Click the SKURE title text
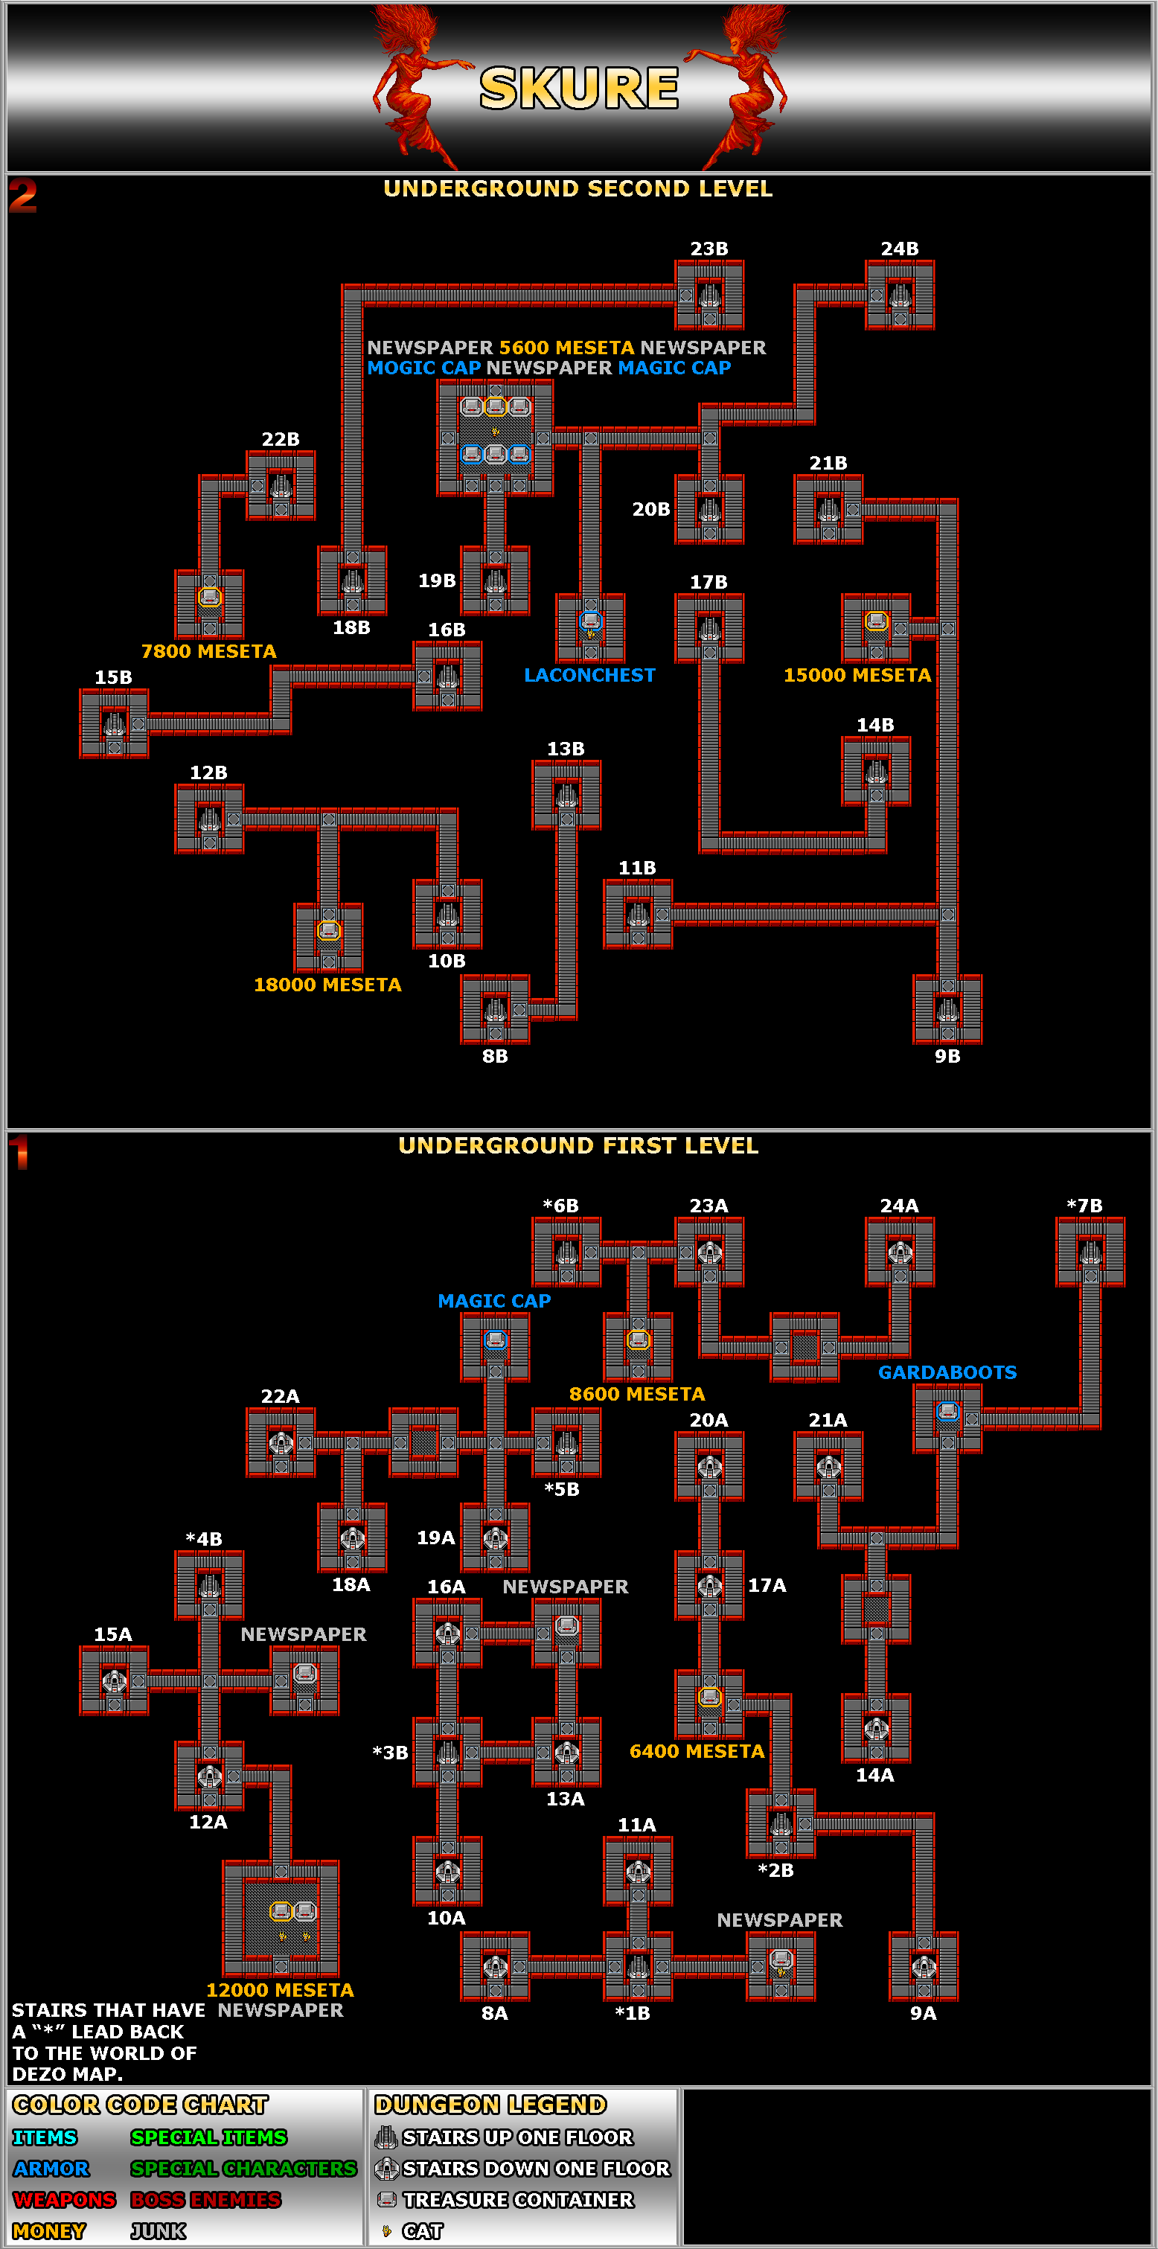(579, 88)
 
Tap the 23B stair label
(709, 249)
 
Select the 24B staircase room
(900, 295)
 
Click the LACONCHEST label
(589, 675)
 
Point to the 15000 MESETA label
(857, 675)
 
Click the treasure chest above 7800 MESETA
(210, 597)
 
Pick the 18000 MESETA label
(327, 985)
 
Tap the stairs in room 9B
(947, 1010)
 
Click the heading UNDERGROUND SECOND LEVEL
(578, 188)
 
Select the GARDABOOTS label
(947, 1372)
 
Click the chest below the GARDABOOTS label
(947, 1411)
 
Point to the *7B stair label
(1084, 1206)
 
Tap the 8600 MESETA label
(636, 1394)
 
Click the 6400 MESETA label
(697, 1751)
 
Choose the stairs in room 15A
(115, 1680)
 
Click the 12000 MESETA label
(281, 1990)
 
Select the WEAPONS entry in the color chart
(65, 2199)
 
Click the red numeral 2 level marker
(24, 196)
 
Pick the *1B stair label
(633, 2013)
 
